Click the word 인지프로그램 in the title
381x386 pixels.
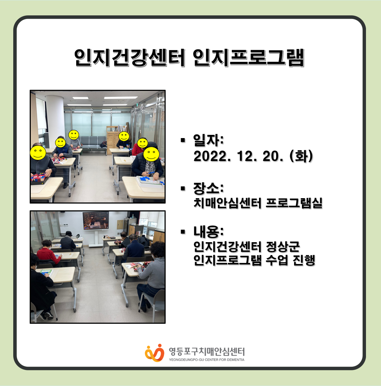pos(249,58)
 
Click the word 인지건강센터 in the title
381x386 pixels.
pos(130,58)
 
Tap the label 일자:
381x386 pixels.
pos(209,140)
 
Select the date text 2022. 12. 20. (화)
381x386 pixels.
pos(253,156)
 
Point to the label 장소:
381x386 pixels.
pos(209,188)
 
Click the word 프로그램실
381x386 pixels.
pos(294,203)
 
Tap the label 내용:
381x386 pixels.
pos(209,232)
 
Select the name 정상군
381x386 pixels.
pos(283,246)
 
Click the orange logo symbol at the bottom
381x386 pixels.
pos(155,353)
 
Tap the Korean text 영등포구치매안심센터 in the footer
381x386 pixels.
pos(207,352)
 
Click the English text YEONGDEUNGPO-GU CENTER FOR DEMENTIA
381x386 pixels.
pos(207,360)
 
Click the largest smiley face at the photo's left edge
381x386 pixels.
pos(38,153)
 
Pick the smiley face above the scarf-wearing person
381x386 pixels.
pos(151,154)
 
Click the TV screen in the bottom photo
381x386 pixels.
pos(96,221)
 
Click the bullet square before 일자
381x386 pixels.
pos(182,140)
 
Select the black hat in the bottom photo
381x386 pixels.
pos(68,233)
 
